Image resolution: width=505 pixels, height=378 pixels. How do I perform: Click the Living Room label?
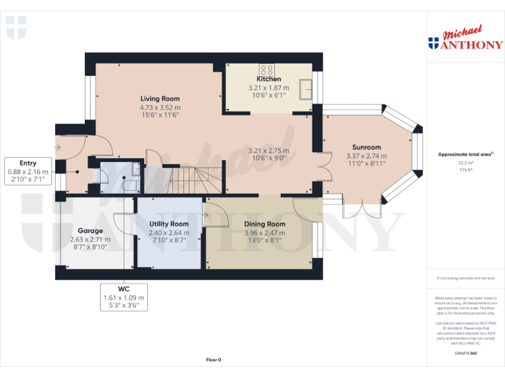[159, 98]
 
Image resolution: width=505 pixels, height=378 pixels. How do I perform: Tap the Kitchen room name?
[268, 79]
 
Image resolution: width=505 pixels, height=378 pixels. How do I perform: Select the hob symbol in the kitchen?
[267, 69]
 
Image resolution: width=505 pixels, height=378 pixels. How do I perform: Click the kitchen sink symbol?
[304, 88]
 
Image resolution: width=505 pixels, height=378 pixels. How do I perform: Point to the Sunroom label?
[366, 148]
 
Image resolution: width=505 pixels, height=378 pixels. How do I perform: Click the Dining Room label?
[264, 224]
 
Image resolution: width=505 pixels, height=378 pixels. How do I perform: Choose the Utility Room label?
[168, 224]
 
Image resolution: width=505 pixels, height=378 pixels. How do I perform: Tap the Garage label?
[90, 231]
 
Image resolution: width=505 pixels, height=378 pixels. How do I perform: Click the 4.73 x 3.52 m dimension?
[159, 107]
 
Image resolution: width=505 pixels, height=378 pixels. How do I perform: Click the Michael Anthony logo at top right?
[465, 39]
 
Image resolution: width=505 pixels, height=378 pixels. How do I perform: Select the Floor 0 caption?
[214, 360]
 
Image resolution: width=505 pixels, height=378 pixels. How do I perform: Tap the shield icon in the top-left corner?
[16, 28]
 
